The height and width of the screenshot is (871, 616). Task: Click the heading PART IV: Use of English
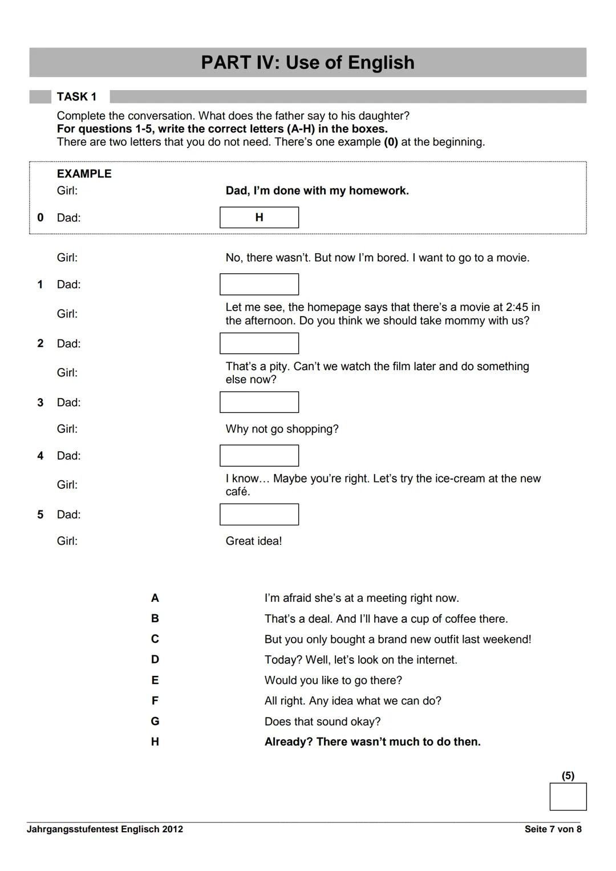(x=307, y=62)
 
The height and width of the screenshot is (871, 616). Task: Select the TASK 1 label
(x=76, y=97)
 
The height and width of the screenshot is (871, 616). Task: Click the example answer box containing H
(x=259, y=217)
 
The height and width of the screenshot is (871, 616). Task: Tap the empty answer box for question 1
(x=259, y=284)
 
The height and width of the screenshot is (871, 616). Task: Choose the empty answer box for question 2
(x=259, y=343)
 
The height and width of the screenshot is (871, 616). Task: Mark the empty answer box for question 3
(x=259, y=402)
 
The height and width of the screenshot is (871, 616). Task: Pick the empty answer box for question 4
(x=259, y=456)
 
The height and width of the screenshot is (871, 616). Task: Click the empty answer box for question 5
(x=259, y=515)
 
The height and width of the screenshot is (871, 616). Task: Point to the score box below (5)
(x=568, y=796)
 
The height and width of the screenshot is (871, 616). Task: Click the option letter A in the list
(x=155, y=598)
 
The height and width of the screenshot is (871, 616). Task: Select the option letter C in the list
(x=155, y=639)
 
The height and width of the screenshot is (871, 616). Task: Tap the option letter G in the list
(x=155, y=722)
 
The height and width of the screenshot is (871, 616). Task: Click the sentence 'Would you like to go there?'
(x=333, y=680)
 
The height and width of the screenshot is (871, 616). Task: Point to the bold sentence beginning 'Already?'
(x=372, y=742)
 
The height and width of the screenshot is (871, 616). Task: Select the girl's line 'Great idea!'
(x=253, y=541)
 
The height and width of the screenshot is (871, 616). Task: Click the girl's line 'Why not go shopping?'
(x=282, y=429)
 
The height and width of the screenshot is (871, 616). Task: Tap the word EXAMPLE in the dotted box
(x=84, y=174)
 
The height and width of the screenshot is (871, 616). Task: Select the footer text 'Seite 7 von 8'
(x=553, y=829)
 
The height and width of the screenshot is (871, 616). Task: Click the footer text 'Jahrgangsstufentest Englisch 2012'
(x=105, y=829)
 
